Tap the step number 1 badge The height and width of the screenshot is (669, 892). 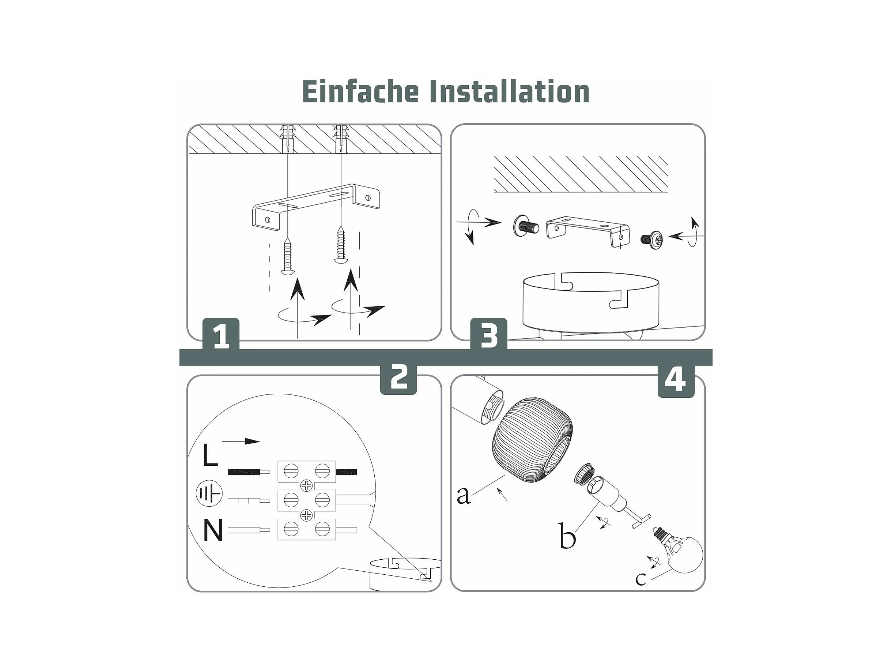point(221,335)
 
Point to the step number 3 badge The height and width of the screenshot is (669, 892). point(489,335)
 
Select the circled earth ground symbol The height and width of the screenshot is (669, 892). point(209,493)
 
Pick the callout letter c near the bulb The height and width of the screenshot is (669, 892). point(640,579)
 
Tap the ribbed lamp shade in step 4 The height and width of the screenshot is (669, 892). point(532,437)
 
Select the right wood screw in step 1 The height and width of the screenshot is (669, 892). point(341,245)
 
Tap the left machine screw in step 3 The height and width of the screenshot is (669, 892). point(526,226)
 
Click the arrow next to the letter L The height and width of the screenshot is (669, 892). point(241,441)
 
